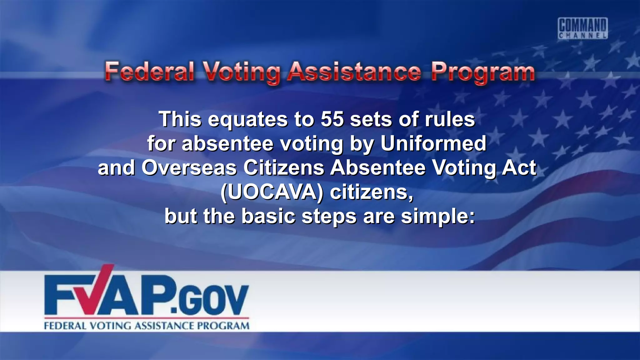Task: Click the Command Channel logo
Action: (583, 28)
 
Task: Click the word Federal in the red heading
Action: (149, 72)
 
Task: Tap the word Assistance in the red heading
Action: (354, 72)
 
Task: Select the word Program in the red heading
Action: (483, 72)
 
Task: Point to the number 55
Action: (332, 119)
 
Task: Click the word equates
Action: (248, 120)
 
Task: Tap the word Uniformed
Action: (433, 143)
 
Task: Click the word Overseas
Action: (189, 168)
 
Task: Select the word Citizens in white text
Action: (284, 168)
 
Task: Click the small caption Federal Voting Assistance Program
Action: (147, 326)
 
